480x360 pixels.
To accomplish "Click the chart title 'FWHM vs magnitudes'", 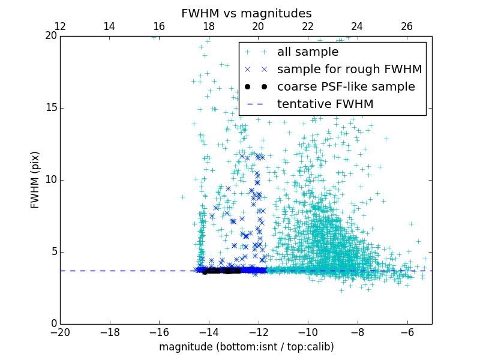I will pyautogui.click(x=246, y=13).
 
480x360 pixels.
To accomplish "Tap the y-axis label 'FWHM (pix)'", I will pyautogui.click(x=35, y=180).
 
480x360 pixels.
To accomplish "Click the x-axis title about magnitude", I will pyautogui.click(x=246, y=347).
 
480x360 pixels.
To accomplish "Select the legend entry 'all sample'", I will pyautogui.click(x=307, y=52).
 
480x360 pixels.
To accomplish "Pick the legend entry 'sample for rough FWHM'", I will pyautogui.click(x=349, y=70).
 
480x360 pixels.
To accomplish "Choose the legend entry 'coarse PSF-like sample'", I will pyautogui.click(x=346, y=87).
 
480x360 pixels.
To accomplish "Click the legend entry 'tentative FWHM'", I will pyautogui.click(x=325, y=104).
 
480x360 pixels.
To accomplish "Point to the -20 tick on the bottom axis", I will pyautogui.click(x=60, y=332).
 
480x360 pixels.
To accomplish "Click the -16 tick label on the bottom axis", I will pyautogui.click(x=159, y=332).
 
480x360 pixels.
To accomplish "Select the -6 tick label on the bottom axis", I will pyautogui.click(x=407, y=332).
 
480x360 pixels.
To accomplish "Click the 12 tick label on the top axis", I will pyautogui.click(x=60, y=26).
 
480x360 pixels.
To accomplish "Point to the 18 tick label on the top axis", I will pyautogui.click(x=209, y=26).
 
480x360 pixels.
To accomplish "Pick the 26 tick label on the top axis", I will pyautogui.click(x=407, y=26).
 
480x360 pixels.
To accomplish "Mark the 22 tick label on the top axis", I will pyautogui.click(x=308, y=26).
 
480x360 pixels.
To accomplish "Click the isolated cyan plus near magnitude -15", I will pyautogui.click(x=182, y=197).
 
